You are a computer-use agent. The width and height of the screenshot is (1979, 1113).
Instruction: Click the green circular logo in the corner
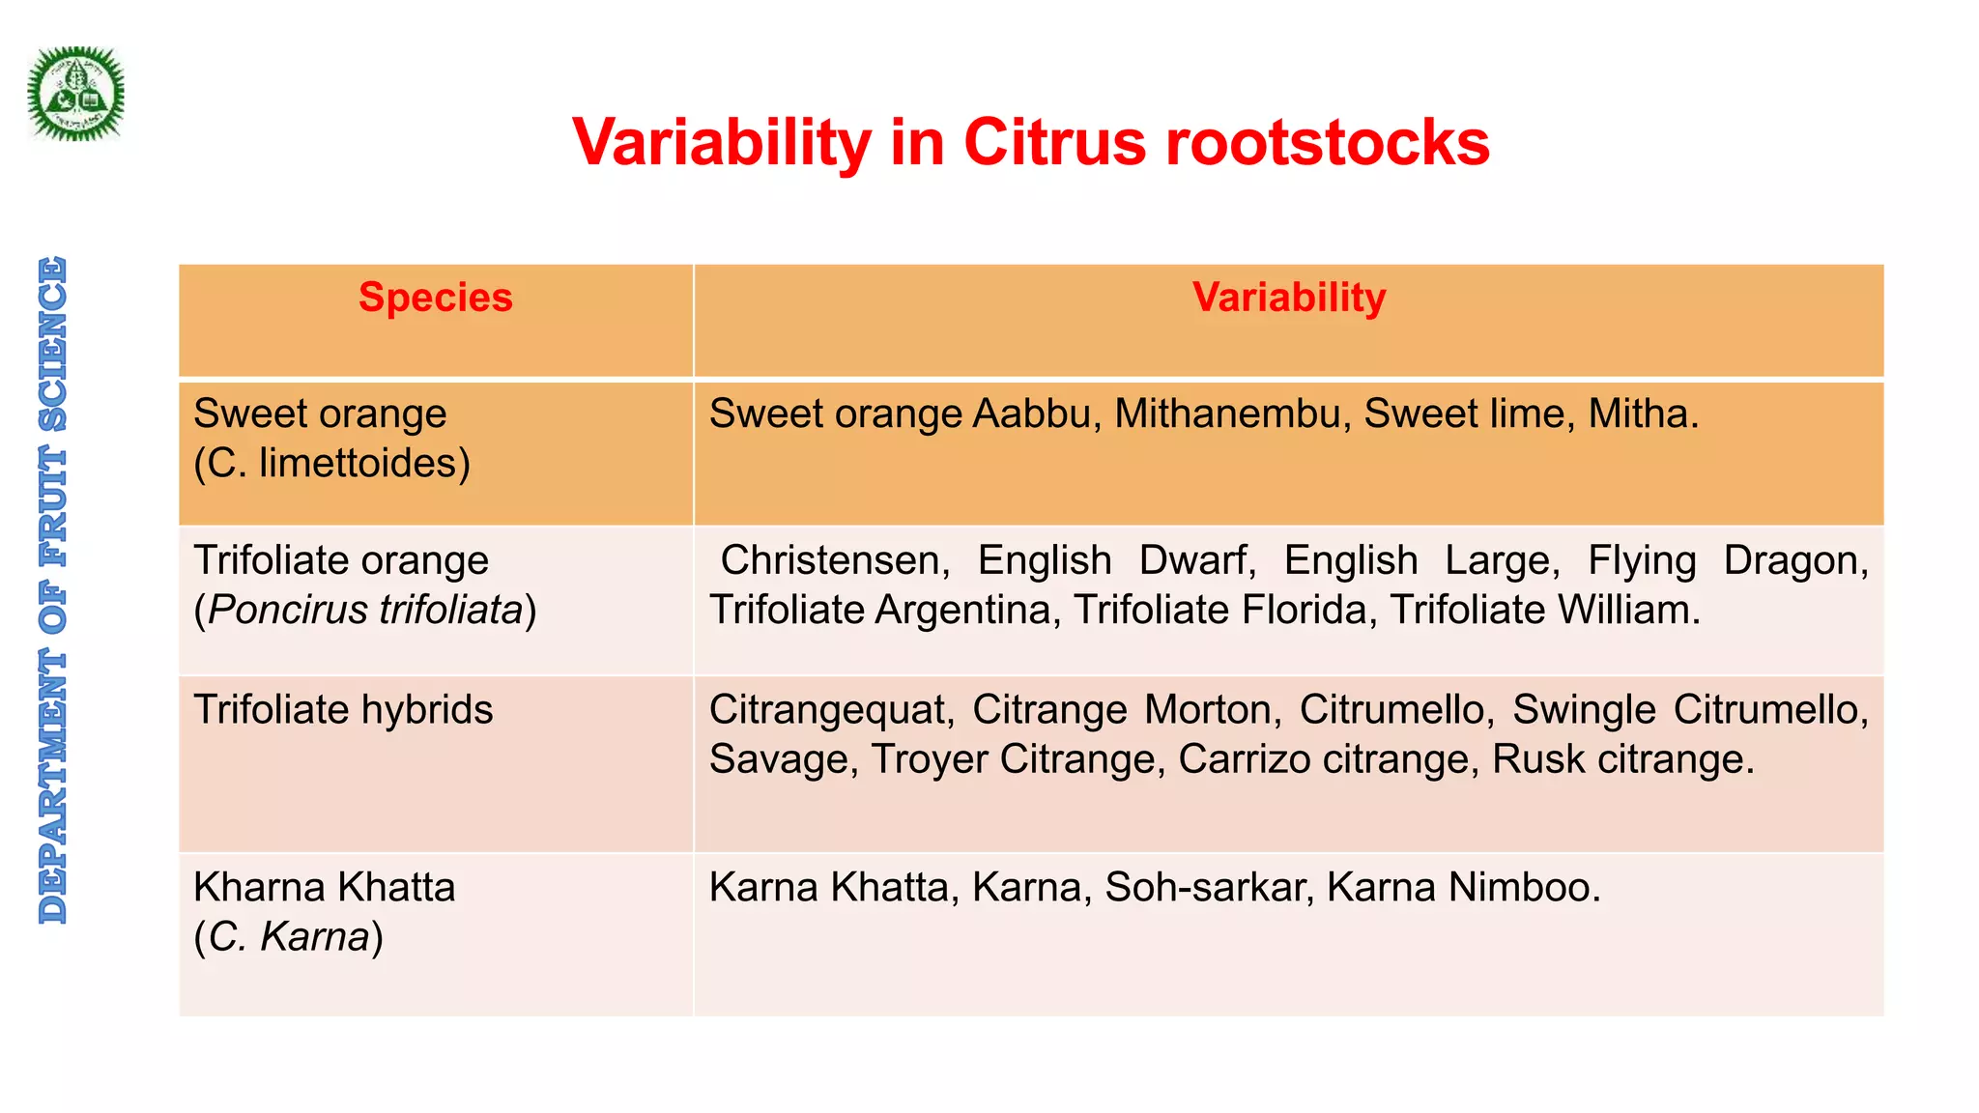coord(75,94)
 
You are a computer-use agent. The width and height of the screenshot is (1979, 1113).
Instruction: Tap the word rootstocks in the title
coord(1327,143)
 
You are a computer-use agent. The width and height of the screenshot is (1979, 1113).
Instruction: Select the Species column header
coord(436,298)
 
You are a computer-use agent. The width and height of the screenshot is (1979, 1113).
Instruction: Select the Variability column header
coord(1288,298)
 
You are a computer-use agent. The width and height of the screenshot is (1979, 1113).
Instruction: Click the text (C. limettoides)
coord(331,464)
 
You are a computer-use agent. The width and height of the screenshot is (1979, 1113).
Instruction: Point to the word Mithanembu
coord(1231,414)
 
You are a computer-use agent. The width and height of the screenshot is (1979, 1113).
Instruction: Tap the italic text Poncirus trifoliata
coord(365,611)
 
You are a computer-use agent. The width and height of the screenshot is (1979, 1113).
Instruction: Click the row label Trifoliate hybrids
coord(343,710)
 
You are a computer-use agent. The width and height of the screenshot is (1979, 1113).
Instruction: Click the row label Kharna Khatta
coord(324,887)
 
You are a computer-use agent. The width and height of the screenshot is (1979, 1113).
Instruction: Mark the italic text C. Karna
coord(289,937)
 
